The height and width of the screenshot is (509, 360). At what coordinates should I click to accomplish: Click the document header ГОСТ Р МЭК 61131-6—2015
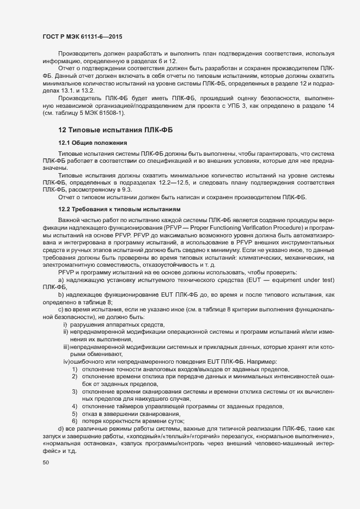(82, 36)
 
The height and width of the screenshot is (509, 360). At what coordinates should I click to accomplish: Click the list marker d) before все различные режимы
(61, 430)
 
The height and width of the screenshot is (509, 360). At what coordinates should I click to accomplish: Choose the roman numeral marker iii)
(65, 346)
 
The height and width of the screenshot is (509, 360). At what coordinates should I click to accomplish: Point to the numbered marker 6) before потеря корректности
(74, 421)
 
